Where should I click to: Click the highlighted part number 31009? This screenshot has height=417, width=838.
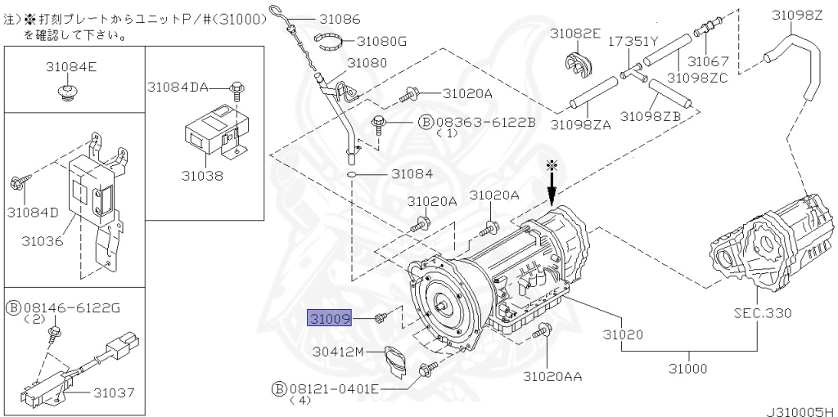point(329,317)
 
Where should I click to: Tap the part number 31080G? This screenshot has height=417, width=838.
point(381,40)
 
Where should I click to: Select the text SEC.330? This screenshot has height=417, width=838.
point(763,313)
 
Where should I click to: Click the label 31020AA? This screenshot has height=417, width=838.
point(553,376)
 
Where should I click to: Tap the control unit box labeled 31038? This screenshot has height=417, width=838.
point(209,131)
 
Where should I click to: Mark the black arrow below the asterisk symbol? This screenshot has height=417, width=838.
point(552,192)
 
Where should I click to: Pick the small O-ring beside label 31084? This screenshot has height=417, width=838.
point(351,174)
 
